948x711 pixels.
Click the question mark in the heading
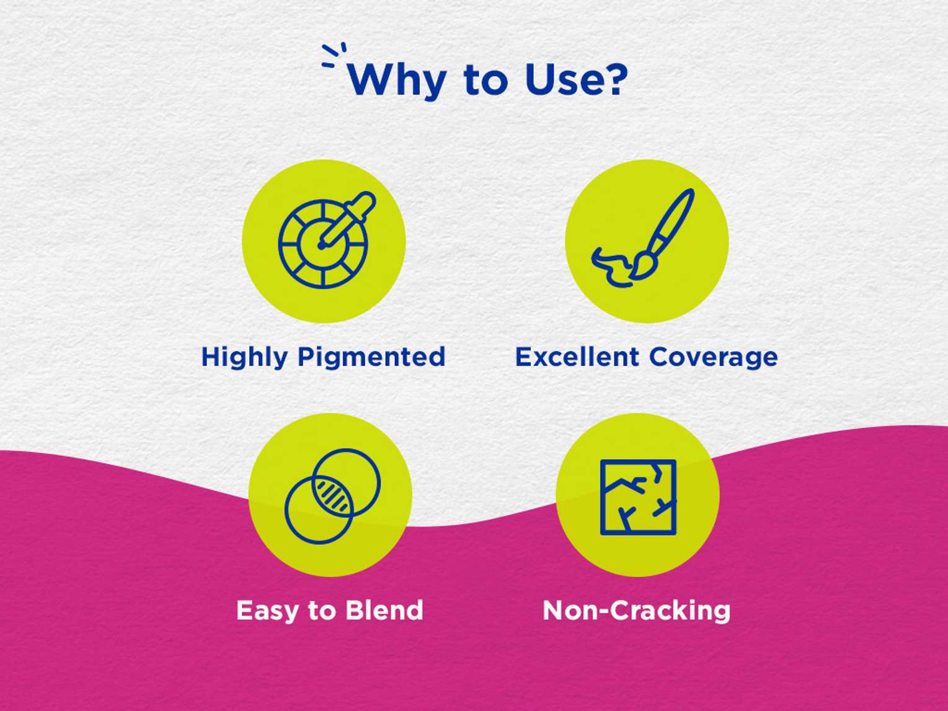(614, 79)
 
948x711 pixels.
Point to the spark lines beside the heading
(334, 55)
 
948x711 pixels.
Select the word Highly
(244, 358)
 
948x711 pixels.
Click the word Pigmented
(371, 358)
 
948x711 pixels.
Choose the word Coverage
(714, 358)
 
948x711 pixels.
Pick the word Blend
(384, 610)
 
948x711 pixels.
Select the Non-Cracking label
(636, 611)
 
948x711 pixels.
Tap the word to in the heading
(485, 82)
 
